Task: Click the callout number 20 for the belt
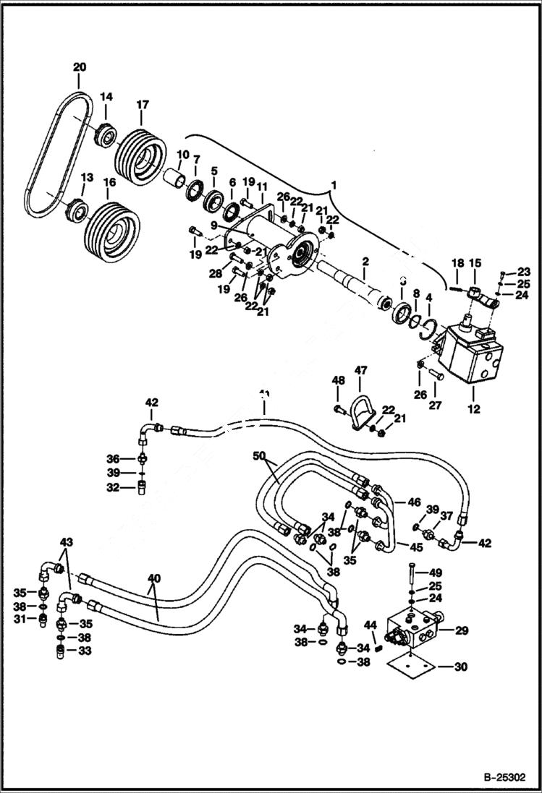point(79,67)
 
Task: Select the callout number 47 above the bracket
point(361,369)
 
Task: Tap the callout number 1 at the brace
point(334,187)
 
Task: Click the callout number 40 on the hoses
point(153,579)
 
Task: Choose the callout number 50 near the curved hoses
point(259,456)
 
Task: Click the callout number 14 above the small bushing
point(106,96)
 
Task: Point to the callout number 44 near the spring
point(370,624)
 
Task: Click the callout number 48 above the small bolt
point(338,381)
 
